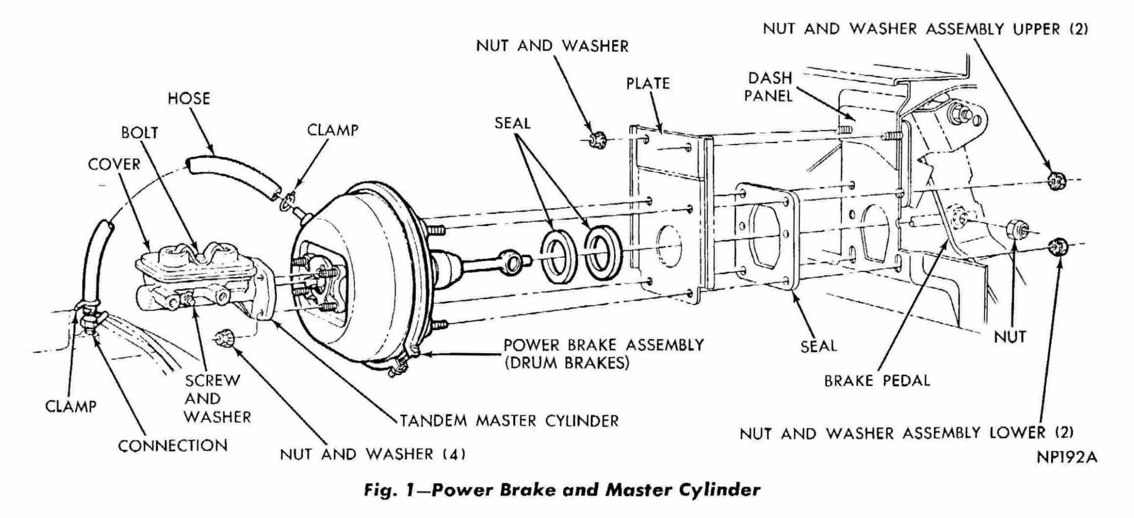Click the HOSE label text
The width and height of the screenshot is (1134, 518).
click(x=188, y=98)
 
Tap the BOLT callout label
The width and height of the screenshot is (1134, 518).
click(x=139, y=133)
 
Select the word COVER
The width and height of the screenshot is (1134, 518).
click(x=114, y=164)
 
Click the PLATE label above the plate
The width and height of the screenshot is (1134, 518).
click(x=648, y=83)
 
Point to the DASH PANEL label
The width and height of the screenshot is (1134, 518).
click(x=769, y=87)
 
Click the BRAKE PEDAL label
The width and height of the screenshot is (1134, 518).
click(x=877, y=381)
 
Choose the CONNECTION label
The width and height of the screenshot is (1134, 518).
click(x=172, y=446)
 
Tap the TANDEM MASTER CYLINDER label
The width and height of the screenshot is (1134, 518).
click(x=509, y=421)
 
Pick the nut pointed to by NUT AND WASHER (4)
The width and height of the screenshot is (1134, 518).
click(x=223, y=338)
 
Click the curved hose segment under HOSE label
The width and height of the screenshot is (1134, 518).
click(x=232, y=174)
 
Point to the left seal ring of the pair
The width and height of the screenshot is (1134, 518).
click(x=559, y=256)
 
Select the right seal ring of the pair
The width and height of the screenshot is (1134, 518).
click(x=601, y=253)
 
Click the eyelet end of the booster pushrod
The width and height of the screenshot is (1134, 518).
click(x=514, y=260)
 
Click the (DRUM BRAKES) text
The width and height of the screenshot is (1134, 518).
click(x=566, y=363)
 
